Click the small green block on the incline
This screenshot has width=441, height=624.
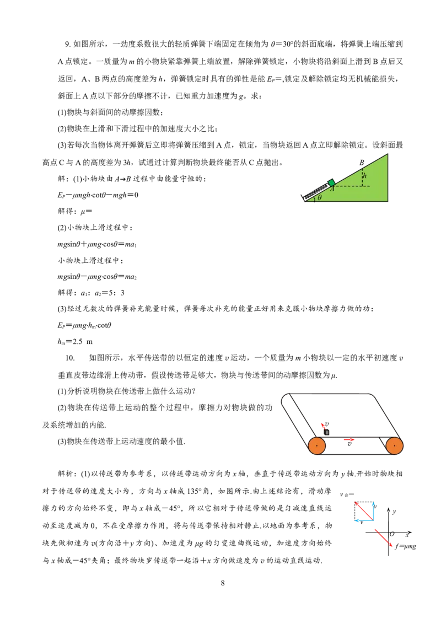[331, 182]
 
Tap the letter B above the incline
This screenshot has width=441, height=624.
[362, 163]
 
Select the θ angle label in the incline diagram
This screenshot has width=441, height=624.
[320, 197]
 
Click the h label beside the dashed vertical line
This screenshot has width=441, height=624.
[364, 175]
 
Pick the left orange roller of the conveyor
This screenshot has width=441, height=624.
[317, 446]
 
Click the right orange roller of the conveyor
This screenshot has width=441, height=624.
[395, 446]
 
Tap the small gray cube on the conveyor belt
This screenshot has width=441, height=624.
[327, 432]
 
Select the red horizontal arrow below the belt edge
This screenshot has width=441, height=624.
[349, 439]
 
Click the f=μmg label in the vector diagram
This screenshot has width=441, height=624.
[405, 546]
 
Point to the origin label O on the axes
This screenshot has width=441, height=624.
[392, 534]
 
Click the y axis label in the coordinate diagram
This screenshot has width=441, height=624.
[394, 512]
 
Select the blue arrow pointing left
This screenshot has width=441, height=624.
[364, 520]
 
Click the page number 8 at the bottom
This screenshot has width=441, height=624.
[223, 583]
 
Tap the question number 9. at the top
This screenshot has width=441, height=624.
[68, 44]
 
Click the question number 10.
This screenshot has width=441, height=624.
[70, 358]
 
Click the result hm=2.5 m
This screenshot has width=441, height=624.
[75, 341]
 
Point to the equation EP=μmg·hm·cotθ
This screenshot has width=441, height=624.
[84, 325]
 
